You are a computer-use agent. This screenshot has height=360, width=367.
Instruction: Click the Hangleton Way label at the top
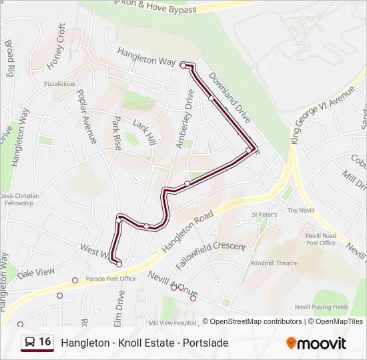point(146,56)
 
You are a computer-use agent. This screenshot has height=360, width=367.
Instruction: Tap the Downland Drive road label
point(229,97)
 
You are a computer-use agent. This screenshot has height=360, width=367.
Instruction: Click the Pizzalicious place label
point(59,84)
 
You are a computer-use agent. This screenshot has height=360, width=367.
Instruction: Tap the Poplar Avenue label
point(86,116)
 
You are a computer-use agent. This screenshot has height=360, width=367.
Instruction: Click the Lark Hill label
point(143,131)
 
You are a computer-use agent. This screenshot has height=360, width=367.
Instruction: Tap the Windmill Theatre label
point(274,263)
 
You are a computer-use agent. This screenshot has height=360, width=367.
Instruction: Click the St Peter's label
point(264,215)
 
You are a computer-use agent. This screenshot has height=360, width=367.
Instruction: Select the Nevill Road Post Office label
point(321,239)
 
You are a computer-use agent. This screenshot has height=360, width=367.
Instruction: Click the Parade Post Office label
point(110,279)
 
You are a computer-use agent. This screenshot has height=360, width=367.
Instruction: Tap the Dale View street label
point(36,273)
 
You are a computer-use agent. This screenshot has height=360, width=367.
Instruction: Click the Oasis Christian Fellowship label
point(16,199)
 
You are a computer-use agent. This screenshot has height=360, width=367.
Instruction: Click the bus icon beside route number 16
point(30,342)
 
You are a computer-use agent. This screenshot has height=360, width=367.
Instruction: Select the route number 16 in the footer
point(45,342)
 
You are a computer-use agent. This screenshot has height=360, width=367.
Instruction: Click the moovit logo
point(316,343)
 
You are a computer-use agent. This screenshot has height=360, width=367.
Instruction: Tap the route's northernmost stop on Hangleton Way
point(183,65)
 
